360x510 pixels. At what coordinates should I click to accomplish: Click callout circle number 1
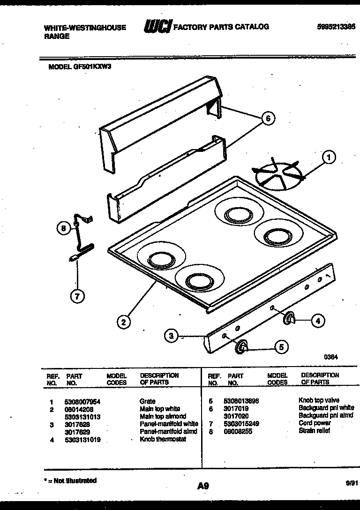(330, 158)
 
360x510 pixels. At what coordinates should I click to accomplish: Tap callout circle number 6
(268, 119)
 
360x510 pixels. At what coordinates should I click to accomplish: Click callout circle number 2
(123, 322)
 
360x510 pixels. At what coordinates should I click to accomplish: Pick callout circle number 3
(172, 335)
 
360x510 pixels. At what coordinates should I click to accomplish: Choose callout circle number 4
(317, 321)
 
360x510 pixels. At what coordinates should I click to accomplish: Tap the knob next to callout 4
(289, 319)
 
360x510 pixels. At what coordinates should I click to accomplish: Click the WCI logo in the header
(158, 27)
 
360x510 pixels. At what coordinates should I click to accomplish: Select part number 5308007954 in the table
(82, 402)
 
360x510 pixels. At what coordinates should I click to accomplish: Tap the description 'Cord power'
(315, 423)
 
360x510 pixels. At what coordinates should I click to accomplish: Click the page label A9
(202, 486)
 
